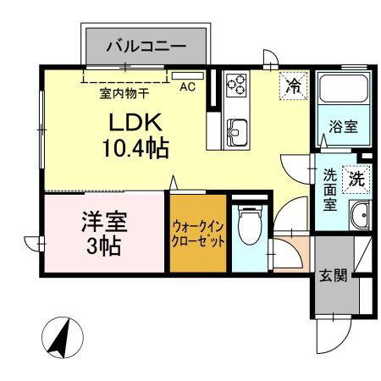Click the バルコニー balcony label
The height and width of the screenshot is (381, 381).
(x=146, y=47)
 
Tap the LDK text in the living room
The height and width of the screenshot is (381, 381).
(x=135, y=122)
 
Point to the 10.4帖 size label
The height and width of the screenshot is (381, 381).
(x=135, y=147)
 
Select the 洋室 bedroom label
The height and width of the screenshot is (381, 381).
(x=104, y=222)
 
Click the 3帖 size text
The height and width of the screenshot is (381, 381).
(x=104, y=246)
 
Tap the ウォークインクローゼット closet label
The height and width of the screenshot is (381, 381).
(x=198, y=234)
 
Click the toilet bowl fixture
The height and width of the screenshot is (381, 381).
(x=250, y=225)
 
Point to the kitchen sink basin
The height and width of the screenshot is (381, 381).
(x=237, y=132)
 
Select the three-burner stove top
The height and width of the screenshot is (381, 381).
(x=236, y=84)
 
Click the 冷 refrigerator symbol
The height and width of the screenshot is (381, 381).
(x=294, y=86)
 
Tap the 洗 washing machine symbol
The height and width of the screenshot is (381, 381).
(x=356, y=179)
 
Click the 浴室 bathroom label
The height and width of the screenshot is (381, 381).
(x=343, y=127)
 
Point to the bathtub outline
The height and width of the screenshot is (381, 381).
(x=344, y=88)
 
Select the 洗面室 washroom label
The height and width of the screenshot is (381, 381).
(x=330, y=190)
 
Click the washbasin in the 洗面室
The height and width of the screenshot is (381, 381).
(x=360, y=216)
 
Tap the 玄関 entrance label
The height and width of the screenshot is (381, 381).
(x=333, y=275)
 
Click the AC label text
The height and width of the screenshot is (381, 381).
(x=187, y=87)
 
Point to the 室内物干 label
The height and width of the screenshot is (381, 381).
(x=124, y=93)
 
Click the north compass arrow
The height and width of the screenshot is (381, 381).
(x=60, y=337)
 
